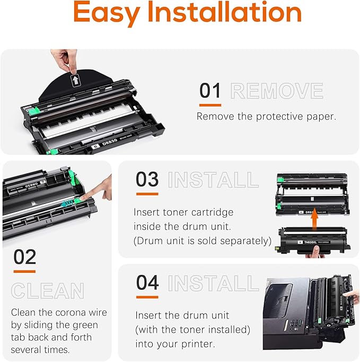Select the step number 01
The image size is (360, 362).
click(210, 91)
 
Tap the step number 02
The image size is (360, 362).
click(24, 257)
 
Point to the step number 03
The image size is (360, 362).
click(147, 179)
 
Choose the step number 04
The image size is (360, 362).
click(147, 282)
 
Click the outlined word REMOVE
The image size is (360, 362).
click(277, 91)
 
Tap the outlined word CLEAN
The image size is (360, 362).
click(48, 291)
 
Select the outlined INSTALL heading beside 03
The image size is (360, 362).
click(213, 180)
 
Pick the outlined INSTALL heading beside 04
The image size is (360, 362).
click(213, 283)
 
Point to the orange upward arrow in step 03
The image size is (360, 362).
click(314, 217)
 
